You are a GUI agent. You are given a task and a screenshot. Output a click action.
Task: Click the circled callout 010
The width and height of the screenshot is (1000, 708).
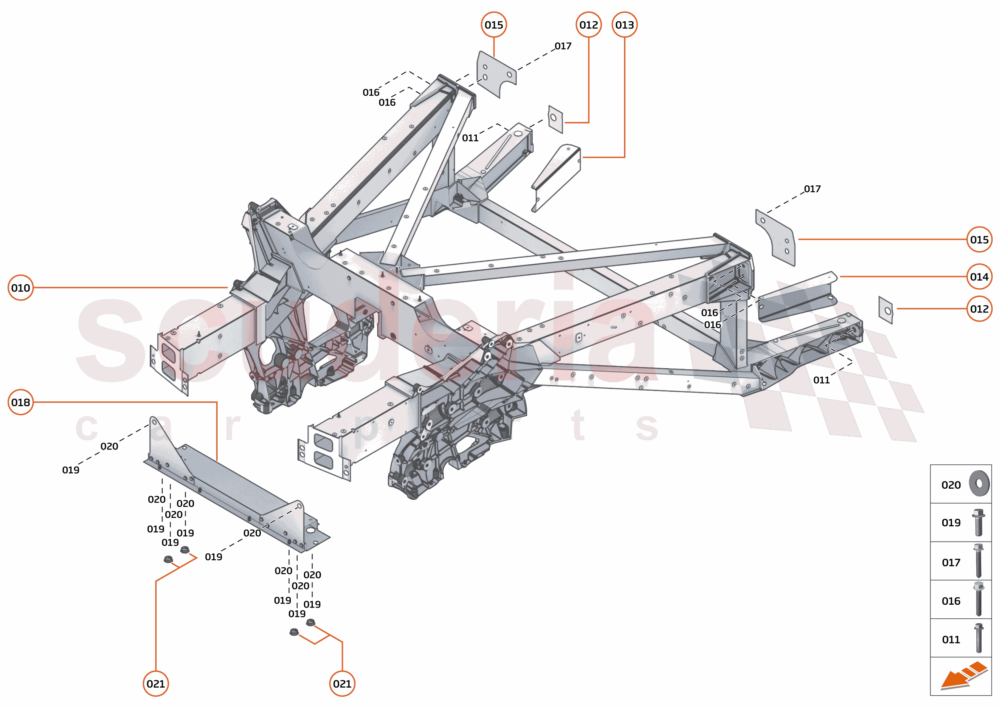pyautogui.click(x=20, y=288)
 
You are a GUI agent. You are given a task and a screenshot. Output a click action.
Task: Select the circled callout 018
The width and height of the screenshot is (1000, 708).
pyautogui.click(x=20, y=402)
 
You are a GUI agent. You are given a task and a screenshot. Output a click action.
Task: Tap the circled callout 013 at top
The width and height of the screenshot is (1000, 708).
pyautogui.click(x=624, y=25)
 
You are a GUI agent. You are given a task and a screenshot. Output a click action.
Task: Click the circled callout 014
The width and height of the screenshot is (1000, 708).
pyautogui.click(x=979, y=277)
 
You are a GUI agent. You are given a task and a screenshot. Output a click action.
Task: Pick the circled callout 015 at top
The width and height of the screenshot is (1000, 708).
pyautogui.click(x=494, y=25)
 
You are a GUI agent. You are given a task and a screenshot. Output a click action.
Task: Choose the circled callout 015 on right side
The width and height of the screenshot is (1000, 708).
pyautogui.click(x=979, y=239)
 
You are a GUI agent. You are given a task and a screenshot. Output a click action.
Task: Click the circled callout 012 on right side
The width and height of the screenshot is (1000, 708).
pyautogui.click(x=979, y=309)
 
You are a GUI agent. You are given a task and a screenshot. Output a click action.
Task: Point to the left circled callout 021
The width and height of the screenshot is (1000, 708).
pyautogui.click(x=156, y=684)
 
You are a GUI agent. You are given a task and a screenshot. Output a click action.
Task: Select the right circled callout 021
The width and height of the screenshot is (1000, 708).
pyautogui.click(x=342, y=684)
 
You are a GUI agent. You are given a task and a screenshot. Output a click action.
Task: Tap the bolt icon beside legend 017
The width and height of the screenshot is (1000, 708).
pyautogui.click(x=978, y=561)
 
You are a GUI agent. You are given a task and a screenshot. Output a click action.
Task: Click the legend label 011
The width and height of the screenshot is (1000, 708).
pyautogui.click(x=951, y=640)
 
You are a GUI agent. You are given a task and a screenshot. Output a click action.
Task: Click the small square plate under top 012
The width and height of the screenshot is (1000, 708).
pyautogui.click(x=555, y=119)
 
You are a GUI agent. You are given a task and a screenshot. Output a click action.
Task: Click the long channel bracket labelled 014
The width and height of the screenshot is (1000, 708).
pyautogui.click(x=796, y=297)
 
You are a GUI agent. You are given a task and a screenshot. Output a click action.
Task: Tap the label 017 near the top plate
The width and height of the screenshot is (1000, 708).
pyautogui.click(x=563, y=46)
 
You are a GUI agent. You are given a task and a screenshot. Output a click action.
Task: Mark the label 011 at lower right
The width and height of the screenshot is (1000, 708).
pyautogui.click(x=821, y=380)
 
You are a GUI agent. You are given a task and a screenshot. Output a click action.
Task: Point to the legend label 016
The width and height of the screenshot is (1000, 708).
pyautogui.click(x=951, y=601)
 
